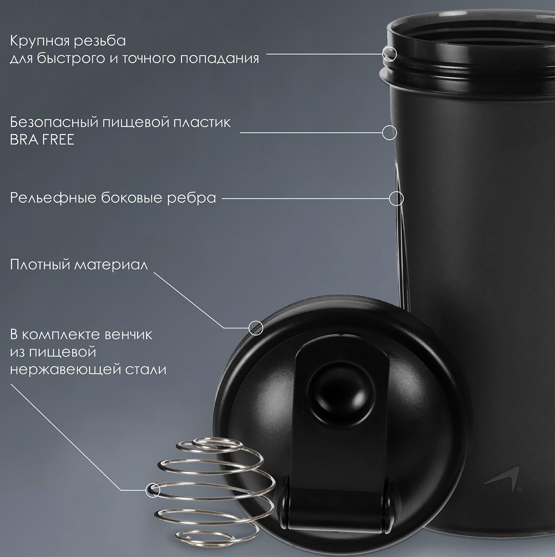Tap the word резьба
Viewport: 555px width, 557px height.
click(x=100, y=41)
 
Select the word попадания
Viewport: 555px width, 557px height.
click(x=220, y=59)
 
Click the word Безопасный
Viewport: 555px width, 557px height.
click(x=53, y=123)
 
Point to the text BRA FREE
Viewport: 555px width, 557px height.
click(x=42, y=140)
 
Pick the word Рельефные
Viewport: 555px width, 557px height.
click(x=53, y=198)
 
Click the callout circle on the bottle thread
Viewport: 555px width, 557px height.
click(x=390, y=54)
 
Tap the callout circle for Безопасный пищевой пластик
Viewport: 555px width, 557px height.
click(x=389, y=132)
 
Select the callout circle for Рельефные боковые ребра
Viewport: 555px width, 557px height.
click(x=396, y=199)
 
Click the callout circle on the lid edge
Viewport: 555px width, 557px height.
click(x=256, y=328)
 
